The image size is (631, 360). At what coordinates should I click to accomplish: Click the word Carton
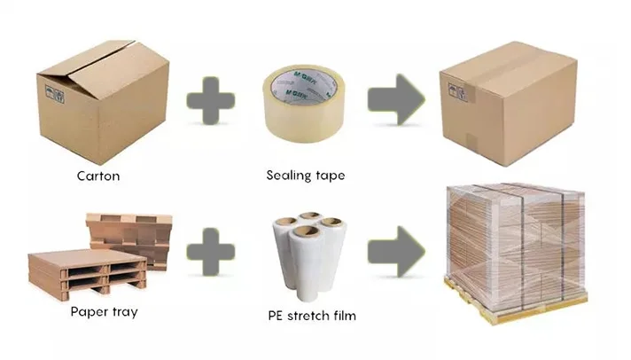point(97,176)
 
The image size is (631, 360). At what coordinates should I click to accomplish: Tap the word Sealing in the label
point(287,176)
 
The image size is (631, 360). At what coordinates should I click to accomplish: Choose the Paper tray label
point(105,313)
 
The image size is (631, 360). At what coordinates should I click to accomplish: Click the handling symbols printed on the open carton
point(54,90)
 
